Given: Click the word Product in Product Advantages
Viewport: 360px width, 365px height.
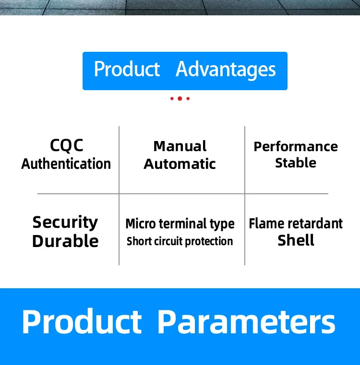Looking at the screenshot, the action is point(127,69).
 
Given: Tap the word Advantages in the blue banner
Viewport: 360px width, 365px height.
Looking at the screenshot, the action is point(226,70).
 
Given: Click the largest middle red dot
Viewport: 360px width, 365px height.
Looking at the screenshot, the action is point(180,98).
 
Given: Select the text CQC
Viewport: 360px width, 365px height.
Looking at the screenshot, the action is point(67,145).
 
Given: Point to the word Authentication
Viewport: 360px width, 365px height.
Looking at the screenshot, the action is point(66,164).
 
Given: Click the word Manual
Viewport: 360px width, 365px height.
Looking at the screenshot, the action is point(180,146).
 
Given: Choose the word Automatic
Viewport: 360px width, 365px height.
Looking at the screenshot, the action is point(180,164).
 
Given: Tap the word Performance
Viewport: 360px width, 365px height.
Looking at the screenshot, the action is point(296,147).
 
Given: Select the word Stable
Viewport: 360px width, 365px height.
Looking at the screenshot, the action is point(296,163).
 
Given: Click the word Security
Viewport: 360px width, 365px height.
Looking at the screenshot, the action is point(65,223).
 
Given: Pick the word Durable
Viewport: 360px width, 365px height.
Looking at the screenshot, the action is point(65,241).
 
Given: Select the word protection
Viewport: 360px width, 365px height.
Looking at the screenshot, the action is point(209,242).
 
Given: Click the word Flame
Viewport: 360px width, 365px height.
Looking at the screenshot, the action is point(266,224).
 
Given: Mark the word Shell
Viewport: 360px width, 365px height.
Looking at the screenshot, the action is point(296,240).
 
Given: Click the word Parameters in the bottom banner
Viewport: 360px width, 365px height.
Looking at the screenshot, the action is point(247,322).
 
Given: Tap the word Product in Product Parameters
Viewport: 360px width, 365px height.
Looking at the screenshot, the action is point(82,321).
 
